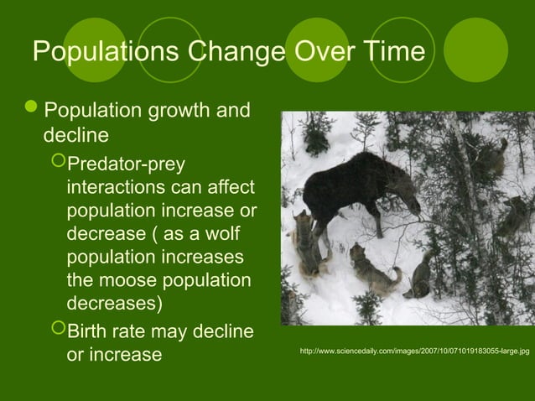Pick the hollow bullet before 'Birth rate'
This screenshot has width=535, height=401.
point(56,331)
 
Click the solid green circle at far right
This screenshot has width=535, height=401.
point(475,50)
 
